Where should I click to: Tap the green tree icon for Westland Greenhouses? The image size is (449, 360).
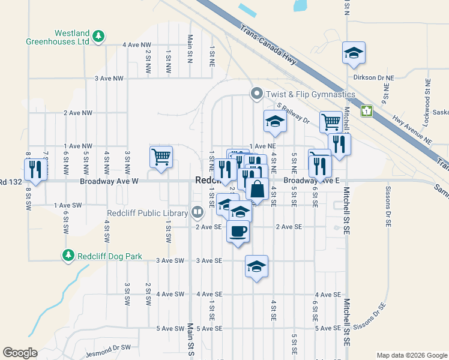coord(99,37)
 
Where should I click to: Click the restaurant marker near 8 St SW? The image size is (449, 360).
coord(37,170)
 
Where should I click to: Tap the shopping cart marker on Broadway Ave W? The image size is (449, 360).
coord(161,157)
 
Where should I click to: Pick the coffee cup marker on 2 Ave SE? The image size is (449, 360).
coord(238,231)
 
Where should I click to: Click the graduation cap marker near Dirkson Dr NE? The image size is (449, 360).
coord(354,53)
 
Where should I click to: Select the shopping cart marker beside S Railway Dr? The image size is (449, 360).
coord(330,122)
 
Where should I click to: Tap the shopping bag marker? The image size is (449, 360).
coord(257,188)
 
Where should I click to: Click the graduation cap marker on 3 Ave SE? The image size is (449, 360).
coord(256,266)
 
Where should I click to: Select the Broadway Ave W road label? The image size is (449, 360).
coord(109,181)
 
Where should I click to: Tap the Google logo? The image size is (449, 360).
coord(20,353)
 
